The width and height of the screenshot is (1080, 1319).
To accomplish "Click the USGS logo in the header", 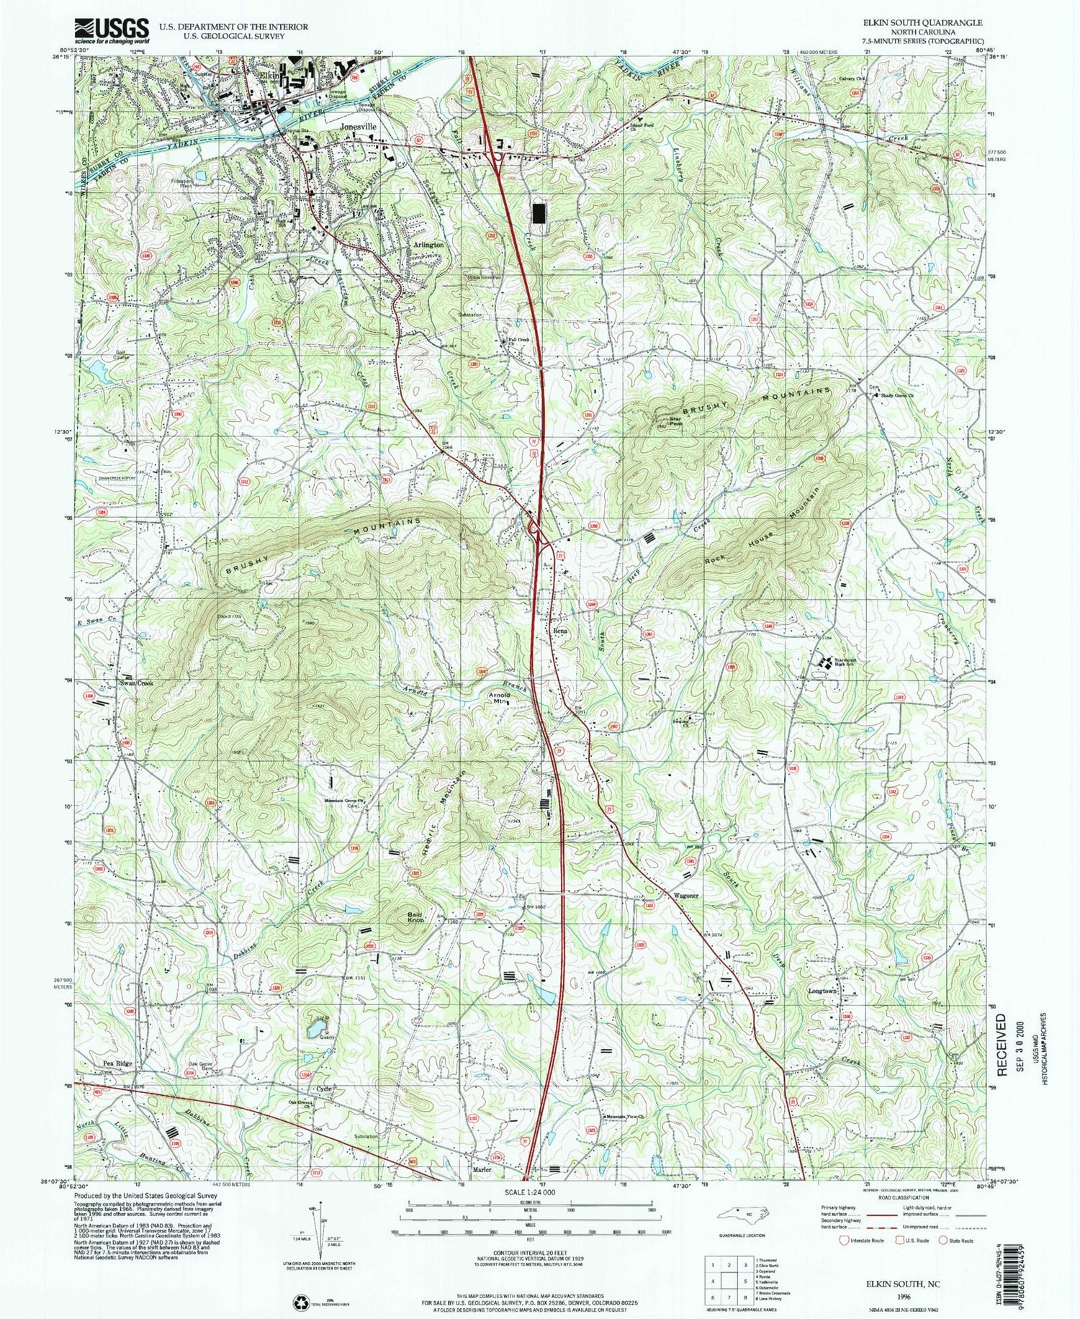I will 112,30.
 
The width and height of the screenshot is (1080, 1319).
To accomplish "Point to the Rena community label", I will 560,631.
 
